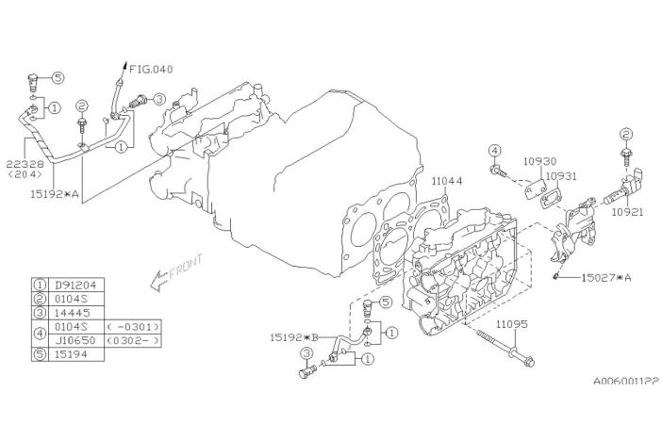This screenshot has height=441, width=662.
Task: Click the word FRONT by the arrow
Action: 185,271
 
